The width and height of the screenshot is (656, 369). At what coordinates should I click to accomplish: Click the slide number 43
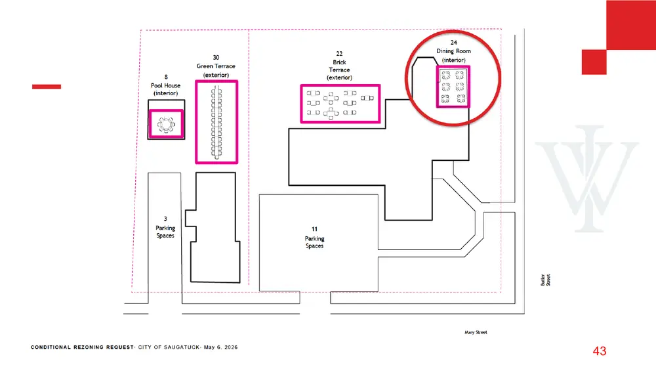coord(599,351)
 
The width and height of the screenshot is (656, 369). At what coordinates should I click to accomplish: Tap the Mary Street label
coord(476,332)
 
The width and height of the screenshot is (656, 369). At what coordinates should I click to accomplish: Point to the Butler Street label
coord(546,280)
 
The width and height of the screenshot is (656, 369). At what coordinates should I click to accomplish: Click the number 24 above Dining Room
coord(453,42)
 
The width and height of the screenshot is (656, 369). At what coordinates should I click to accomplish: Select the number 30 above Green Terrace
coord(216,57)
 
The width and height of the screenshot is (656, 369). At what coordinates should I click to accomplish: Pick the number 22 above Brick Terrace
coord(339,54)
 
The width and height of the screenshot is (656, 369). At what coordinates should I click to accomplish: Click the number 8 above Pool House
coord(166,77)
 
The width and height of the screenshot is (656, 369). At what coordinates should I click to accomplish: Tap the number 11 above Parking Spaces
coord(314,229)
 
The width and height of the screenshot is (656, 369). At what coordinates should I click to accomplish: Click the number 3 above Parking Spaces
coord(165,219)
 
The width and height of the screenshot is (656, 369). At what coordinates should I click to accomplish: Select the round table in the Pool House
coord(166,124)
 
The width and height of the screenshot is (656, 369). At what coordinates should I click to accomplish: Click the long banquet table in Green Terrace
coord(216,122)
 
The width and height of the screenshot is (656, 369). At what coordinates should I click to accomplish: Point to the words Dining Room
coord(453,51)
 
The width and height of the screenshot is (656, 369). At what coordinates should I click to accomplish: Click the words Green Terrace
coord(216,66)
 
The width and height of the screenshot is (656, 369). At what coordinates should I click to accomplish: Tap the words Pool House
coord(166,85)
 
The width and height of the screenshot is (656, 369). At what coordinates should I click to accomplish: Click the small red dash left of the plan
coord(47,87)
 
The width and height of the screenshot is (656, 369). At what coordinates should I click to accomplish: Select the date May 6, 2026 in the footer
coord(220,347)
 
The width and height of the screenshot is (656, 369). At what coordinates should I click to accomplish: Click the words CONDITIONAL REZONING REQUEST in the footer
coord(82,347)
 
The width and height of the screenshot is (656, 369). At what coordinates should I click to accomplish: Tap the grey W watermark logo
coord(587,179)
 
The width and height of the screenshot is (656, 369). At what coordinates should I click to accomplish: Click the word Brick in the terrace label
coord(339,62)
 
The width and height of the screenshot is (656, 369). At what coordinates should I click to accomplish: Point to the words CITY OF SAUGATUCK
coord(169,347)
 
